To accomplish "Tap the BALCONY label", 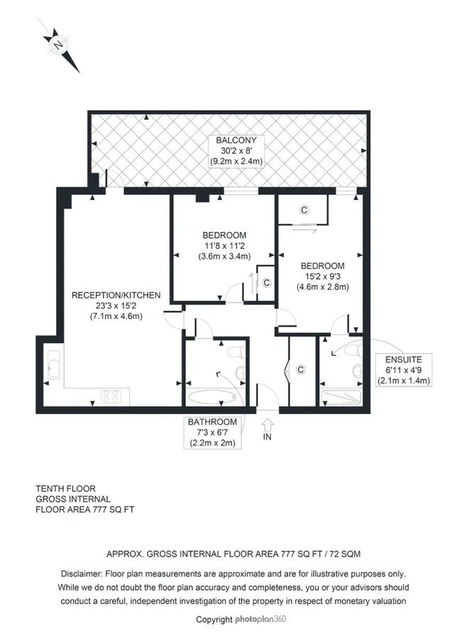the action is click(236, 140).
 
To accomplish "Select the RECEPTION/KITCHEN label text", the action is click(116, 296).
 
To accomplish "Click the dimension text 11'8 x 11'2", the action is click(224, 246).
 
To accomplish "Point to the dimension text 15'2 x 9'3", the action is click(323, 276).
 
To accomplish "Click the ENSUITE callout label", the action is click(404, 359).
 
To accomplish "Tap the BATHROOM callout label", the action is click(212, 422).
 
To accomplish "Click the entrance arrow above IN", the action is click(268, 425).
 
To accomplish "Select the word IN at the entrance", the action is click(268, 437).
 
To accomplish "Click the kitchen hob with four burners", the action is click(111, 397).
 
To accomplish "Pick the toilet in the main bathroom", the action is click(236, 352).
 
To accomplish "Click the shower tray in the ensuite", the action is click(341, 398).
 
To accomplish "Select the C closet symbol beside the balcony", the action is click(304, 210).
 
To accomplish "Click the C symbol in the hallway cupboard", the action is click(301, 369).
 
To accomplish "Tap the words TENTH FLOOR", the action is click(65, 488).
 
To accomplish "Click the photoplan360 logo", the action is click(260, 620).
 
